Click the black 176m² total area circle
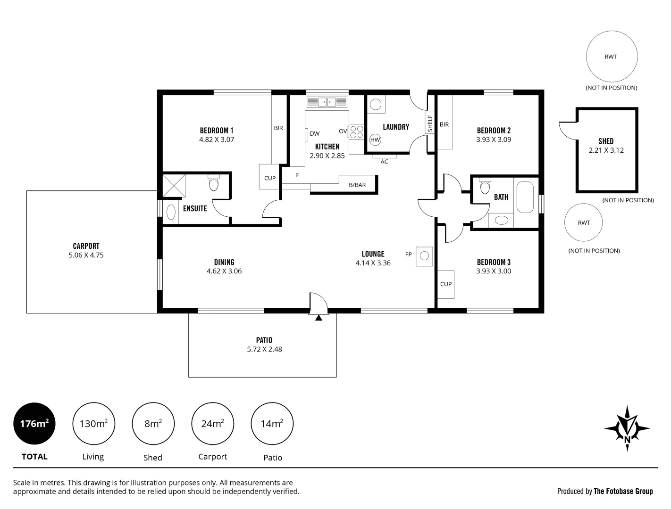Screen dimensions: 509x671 point(34,424)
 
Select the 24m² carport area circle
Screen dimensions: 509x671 point(212,424)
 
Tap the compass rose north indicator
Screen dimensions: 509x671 point(627,428)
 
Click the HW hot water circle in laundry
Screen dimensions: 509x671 point(375,140)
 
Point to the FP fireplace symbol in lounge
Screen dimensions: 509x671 point(424,256)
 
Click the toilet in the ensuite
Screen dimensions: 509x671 point(214,183)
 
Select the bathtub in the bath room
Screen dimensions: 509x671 point(525,197)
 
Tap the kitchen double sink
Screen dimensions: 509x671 point(327,102)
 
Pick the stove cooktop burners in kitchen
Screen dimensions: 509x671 point(356,131)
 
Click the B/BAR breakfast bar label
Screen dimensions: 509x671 point(357,185)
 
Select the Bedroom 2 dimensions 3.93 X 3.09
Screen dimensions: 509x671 point(494,140)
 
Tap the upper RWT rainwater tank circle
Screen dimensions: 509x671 point(611,57)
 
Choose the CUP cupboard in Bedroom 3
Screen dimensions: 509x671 point(445,284)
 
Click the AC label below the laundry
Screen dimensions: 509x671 point(384,162)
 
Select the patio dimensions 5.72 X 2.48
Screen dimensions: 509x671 point(264,349)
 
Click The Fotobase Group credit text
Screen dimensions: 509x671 point(623,491)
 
